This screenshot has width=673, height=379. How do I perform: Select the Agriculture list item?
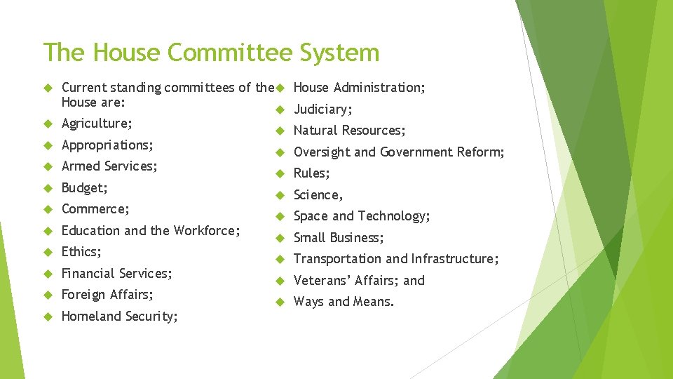97,124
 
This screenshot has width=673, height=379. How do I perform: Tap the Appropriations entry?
107,145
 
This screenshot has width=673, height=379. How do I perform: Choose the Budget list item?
84,188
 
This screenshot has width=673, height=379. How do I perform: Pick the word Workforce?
205,230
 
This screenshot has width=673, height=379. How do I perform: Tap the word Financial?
87,273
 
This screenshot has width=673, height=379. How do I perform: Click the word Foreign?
83,294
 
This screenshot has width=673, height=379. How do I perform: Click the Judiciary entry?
322,109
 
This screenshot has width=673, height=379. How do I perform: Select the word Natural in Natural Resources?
315,131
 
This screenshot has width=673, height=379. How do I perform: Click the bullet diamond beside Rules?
278,173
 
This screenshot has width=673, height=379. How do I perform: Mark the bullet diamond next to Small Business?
278,238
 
